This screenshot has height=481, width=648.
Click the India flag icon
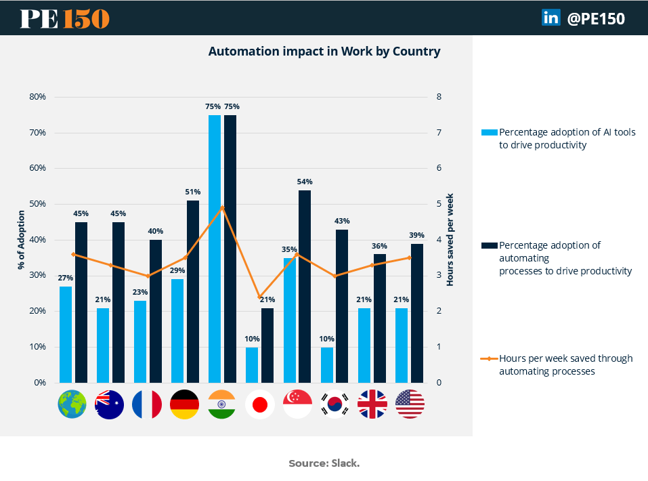click(222, 404)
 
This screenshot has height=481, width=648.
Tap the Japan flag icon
click(259, 404)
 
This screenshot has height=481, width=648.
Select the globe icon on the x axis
click(72, 404)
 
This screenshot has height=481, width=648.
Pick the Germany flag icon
click(185, 404)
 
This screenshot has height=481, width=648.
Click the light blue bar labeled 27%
click(66, 335)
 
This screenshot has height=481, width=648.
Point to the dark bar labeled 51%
click(193, 292)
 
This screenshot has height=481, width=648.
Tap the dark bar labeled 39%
click(417, 313)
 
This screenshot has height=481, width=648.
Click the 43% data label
click(342, 221)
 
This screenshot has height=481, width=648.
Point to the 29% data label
click(177, 270)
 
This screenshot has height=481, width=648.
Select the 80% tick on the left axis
click(38, 97)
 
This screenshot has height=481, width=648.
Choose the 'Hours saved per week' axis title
click(450, 240)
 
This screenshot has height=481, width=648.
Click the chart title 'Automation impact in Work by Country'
click(324, 51)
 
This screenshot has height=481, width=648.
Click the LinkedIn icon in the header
click(550, 18)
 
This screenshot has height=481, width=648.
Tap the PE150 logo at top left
click(65, 18)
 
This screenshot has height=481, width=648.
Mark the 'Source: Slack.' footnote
click(324, 463)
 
